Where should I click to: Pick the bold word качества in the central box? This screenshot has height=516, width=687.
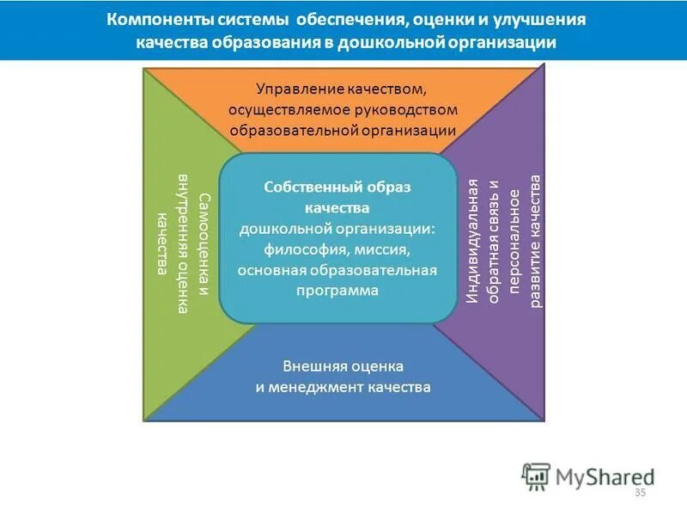click(337, 207)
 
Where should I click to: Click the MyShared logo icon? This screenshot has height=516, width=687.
click(535, 475)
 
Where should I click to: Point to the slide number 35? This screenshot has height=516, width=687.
click(639, 492)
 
